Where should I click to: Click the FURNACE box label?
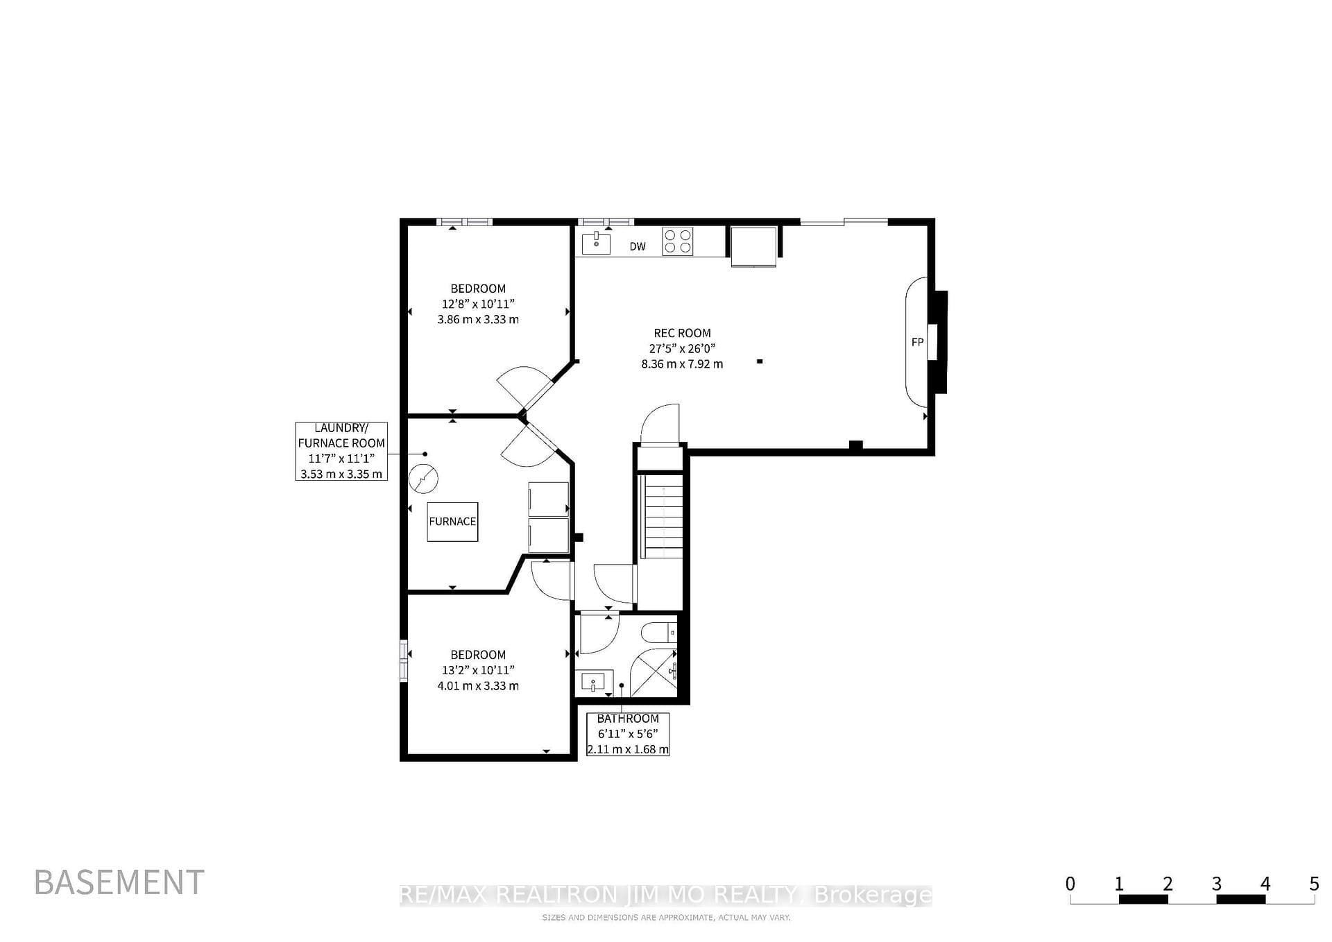click(x=452, y=522)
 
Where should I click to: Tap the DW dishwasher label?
click(x=638, y=246)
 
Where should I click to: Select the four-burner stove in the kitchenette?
click(x=678, y=241)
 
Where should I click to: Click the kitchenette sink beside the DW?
click(x=596, y=243)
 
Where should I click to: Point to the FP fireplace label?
click(x=917, y=342)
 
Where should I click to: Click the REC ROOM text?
click(x=682, y=333)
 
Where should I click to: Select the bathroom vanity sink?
click(x=594, y=683)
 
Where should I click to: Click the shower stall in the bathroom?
click(x=654, y=673)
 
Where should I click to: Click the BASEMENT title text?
click(x=119, y=882)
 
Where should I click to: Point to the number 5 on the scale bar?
click(x=1313, y=884)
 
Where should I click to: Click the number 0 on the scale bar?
click(x=1070, y=884)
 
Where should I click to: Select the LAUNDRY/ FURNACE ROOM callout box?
click(x=341, y=451)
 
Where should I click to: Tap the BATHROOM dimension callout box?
click(x=628, y=734)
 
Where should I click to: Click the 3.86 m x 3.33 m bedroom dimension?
click(x=478, y=320)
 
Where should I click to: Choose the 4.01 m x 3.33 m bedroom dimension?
click(x=478, y=686)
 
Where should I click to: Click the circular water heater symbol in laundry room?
click(x=423, y=478)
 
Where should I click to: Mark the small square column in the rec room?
click(x=760, y=361)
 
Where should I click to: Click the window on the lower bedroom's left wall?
click(x=404, y=660)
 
